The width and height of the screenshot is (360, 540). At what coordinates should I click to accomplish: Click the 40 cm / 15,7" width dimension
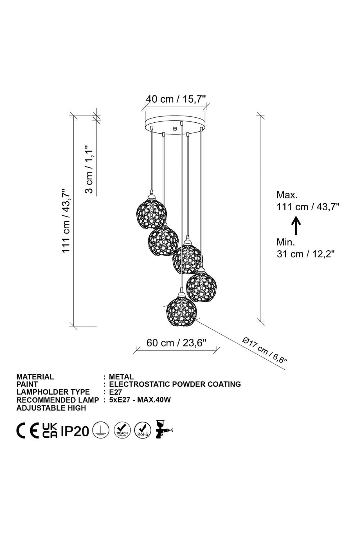click(x=176, y=99)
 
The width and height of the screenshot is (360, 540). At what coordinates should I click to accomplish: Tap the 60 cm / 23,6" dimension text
click(x=177, y=343)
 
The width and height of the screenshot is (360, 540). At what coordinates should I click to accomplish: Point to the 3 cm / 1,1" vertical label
click(x=89, y=169)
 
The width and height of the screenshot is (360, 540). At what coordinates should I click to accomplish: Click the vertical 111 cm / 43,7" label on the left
click(x=66, y=220)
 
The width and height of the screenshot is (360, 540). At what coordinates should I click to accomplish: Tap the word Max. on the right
click(x=287, y=195)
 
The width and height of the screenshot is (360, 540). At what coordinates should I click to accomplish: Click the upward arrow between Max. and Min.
click(x=296, y=226)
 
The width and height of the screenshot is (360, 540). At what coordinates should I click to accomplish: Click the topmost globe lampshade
click(x=152, y=213)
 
